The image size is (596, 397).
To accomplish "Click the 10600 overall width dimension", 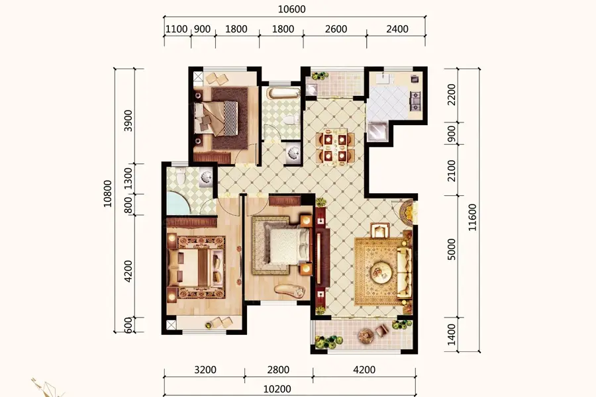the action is tap(291, 9).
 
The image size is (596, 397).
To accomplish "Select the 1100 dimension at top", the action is tap(177, 29).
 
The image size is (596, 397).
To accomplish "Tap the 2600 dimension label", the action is tap(336, 29).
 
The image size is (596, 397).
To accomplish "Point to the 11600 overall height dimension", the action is tap(472, 217).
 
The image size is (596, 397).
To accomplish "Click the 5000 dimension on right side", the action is tap(451, 249).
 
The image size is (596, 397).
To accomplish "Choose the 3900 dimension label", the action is tap(128, 120).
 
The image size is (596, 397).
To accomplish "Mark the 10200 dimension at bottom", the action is tap(277, 389).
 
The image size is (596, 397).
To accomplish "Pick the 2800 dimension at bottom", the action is tap(279, 370).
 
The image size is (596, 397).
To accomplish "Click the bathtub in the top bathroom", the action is tap(282, 93).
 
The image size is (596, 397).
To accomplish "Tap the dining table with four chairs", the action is tap(335, 147).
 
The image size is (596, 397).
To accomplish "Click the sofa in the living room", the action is tap(404, 272).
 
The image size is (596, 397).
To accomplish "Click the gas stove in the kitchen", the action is tap(415, 101).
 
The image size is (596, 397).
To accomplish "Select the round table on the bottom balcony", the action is tap(366, 335).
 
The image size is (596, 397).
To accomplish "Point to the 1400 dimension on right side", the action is tap(451, 335).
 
